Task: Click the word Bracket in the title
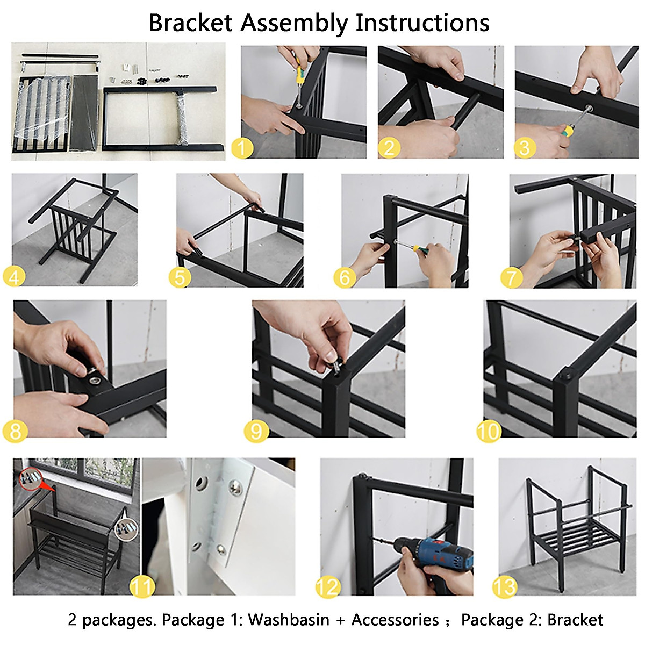[x=190, y=23]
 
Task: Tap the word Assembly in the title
[x=293, y=24]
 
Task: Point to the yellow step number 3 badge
[x=525, y=148]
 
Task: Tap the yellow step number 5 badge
[x=180, y=277]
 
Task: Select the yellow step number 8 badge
[x=16, y=431]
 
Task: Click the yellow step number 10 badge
[x=489, y=431]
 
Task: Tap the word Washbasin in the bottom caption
[x=289, y=620]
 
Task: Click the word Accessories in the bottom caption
[x=395, y=620]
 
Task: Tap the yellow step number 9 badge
[x=256, y=431]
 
